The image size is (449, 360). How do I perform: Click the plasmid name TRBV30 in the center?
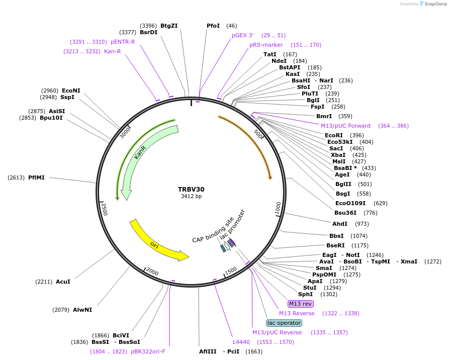click(x=191, y=190)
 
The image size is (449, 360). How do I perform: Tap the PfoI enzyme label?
click(x=213, y=26)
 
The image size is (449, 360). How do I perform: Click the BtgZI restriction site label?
click(x=169, y=26)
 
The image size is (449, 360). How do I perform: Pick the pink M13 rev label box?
click(x=300, y=304)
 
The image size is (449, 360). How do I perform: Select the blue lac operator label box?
click(x=284, y=323)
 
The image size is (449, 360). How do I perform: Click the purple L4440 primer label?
click(x=241, y=342)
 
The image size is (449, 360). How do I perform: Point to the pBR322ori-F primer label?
click(x=148, y=351)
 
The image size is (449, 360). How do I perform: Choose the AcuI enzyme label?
click(x=63, y=282)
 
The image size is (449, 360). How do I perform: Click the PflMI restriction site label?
click(x=36, y=177)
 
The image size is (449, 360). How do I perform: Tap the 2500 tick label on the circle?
click(x=104, y=209)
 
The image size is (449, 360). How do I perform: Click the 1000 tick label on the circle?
click(x=278, y=207)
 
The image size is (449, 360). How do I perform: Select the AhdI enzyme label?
click(x=340, y=224)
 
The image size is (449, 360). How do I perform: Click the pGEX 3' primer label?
click(x=243, y=35)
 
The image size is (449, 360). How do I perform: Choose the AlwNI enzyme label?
click(x=82, y=310)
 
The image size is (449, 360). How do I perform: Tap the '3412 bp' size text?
click(x=191, y=197)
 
